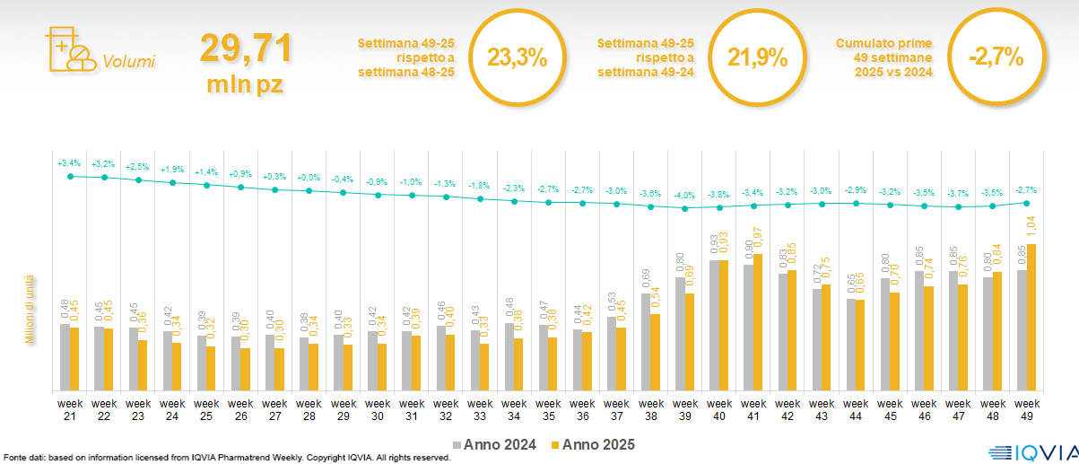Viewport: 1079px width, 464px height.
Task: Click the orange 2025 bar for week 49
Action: [1031, 317]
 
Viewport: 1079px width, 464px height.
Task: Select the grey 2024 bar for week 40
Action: [714, 325]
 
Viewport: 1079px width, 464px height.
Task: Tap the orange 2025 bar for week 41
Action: [758, 322]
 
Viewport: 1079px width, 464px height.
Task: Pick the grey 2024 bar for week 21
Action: [65, 357]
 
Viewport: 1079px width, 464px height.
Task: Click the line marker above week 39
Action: [685, 208]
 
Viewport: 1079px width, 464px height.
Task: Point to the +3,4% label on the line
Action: [69, 163]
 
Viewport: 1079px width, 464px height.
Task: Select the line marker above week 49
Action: [1026, 203]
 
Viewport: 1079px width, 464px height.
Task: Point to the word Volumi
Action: [129, 62]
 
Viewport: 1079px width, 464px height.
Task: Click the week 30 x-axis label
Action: [378, 409]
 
